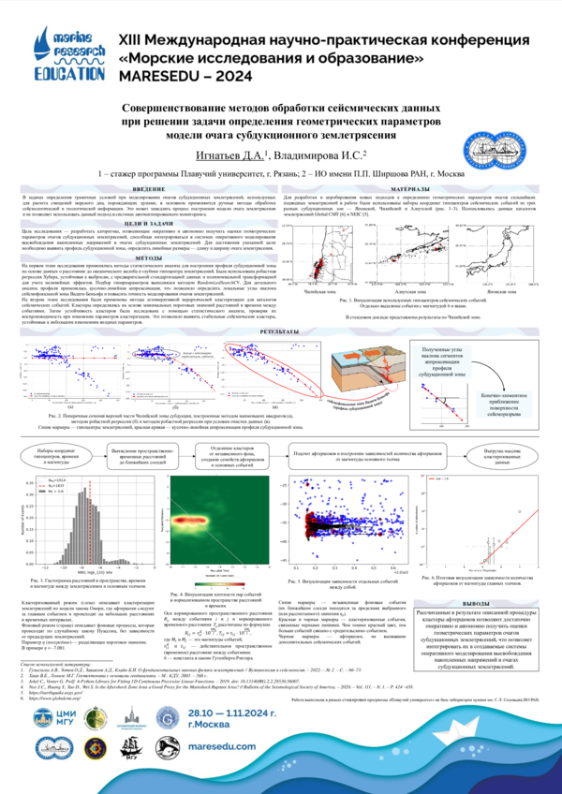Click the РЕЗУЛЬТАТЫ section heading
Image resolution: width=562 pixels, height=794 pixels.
(x=280, y=331)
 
